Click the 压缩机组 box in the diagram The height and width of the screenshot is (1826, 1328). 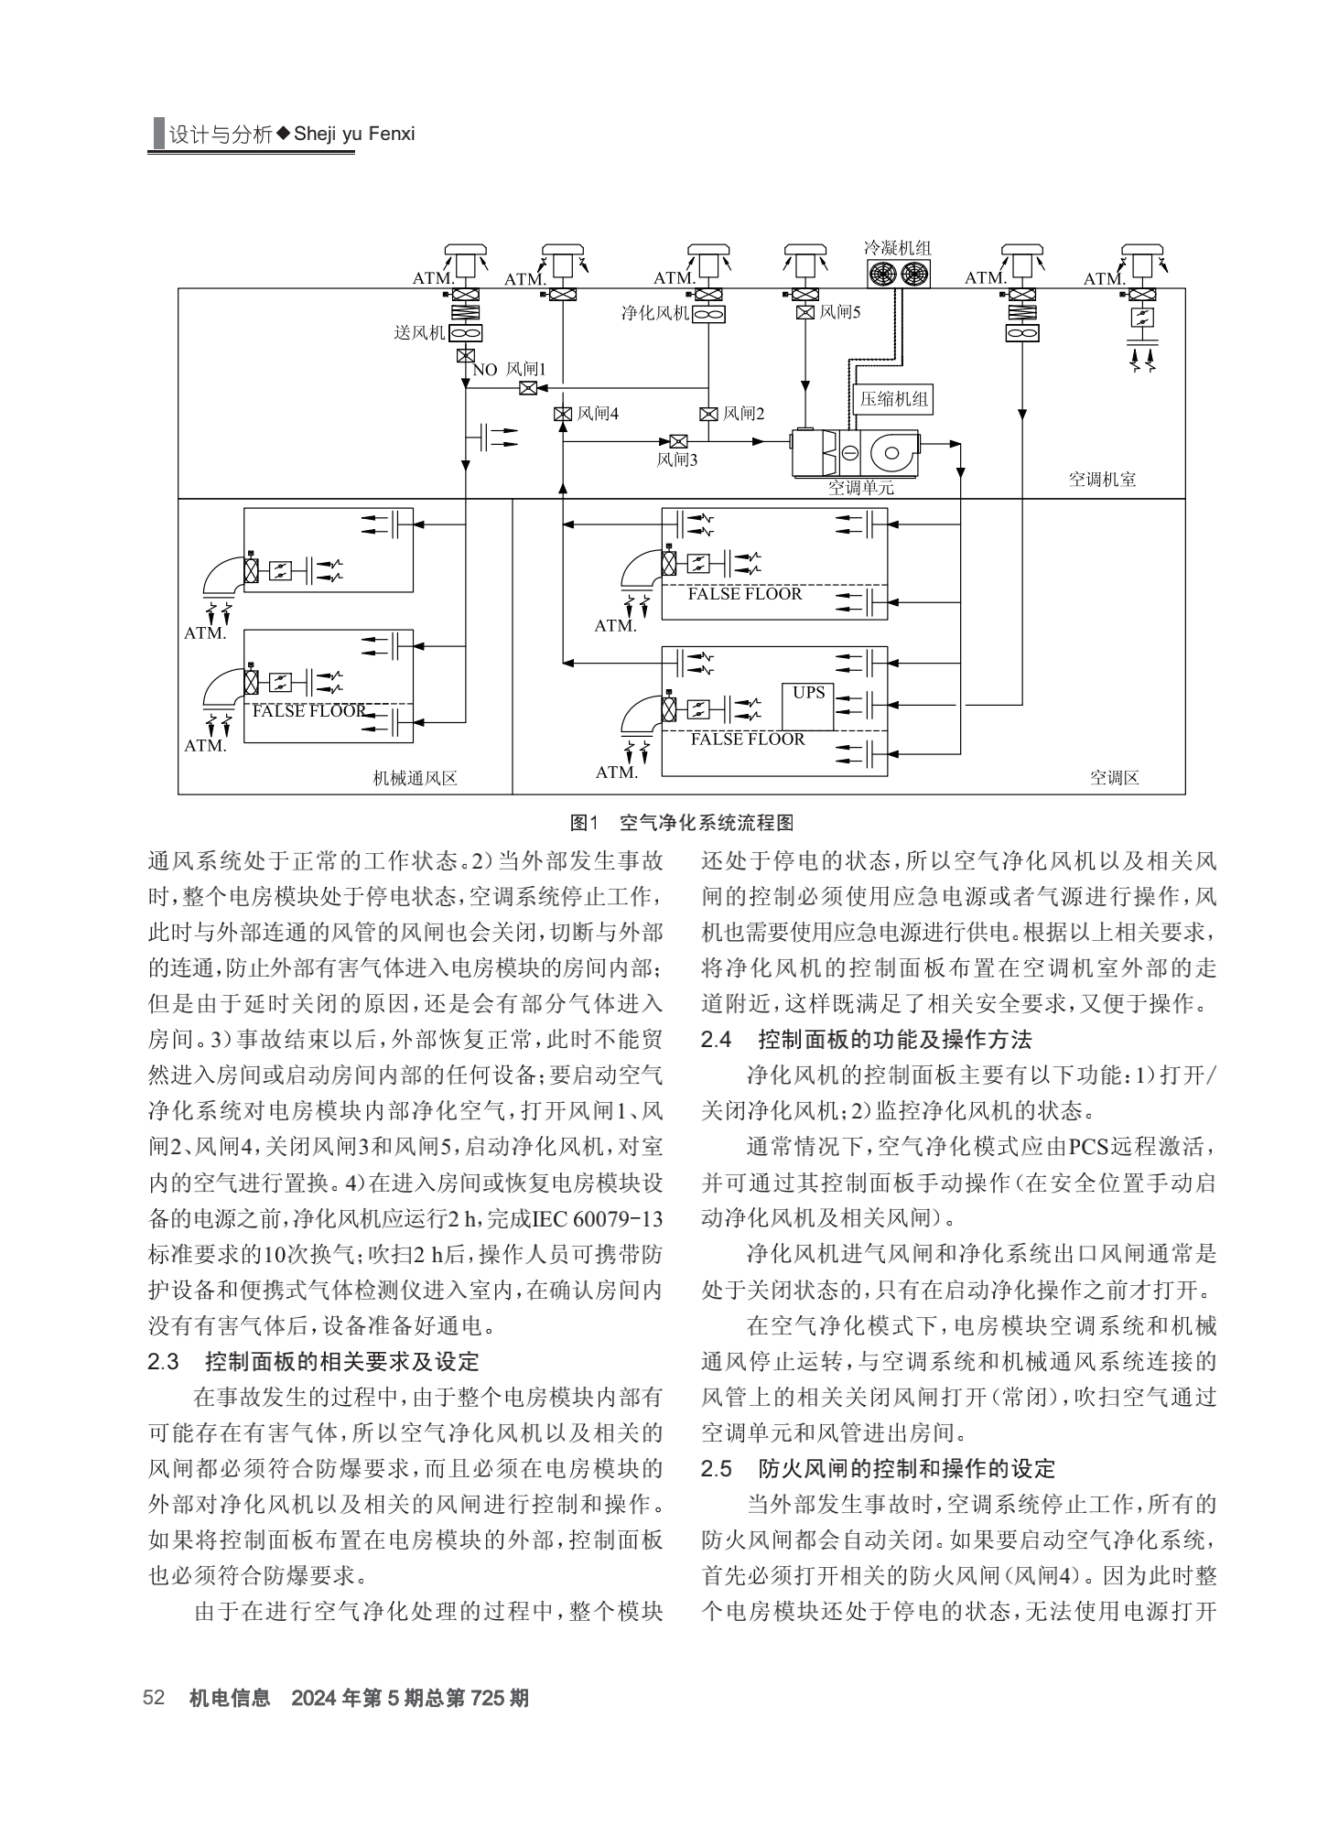[894, 399]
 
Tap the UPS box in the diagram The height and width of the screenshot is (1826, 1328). [808, 706]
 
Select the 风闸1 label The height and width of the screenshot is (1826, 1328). [525, 369]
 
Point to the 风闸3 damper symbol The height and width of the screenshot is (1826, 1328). [678, 441]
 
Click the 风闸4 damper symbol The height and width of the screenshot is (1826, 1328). [562, 414]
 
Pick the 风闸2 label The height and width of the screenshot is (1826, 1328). [743, 414]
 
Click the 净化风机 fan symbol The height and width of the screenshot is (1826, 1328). [709, 314]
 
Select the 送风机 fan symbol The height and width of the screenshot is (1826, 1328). [466, 333]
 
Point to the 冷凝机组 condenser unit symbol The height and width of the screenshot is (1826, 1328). [899, 273]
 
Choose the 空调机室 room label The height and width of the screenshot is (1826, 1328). [1102, 480]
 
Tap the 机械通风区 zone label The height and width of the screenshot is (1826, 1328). [415, 779]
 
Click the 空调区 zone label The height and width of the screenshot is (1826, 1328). [1114, 778]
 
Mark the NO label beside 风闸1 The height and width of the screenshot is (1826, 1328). [485, 370]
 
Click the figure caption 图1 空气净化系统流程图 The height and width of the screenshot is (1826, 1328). [681, 822]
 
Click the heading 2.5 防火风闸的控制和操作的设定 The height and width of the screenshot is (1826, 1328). [878, 1469]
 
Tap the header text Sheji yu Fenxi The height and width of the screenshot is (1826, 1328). [354, 134]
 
